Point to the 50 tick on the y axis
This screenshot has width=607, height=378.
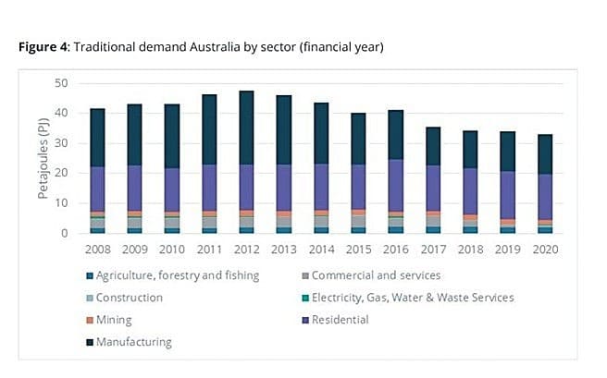pyautogui.click(x=61, y=83)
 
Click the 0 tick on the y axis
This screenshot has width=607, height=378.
pyautogui.click(x=64, y=233)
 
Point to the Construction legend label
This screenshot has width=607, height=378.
pyautogui.click(x=130, y=298)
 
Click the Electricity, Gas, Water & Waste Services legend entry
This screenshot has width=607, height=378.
pyautogui.click(x=412, y=298)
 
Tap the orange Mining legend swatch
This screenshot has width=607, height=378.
pyautogui.click(x=88, y=320)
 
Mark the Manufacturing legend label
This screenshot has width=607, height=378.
pyautogui.click(x=133, y=342)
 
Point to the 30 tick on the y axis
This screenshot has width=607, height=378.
pyautogui.click(x=61, y=143)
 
